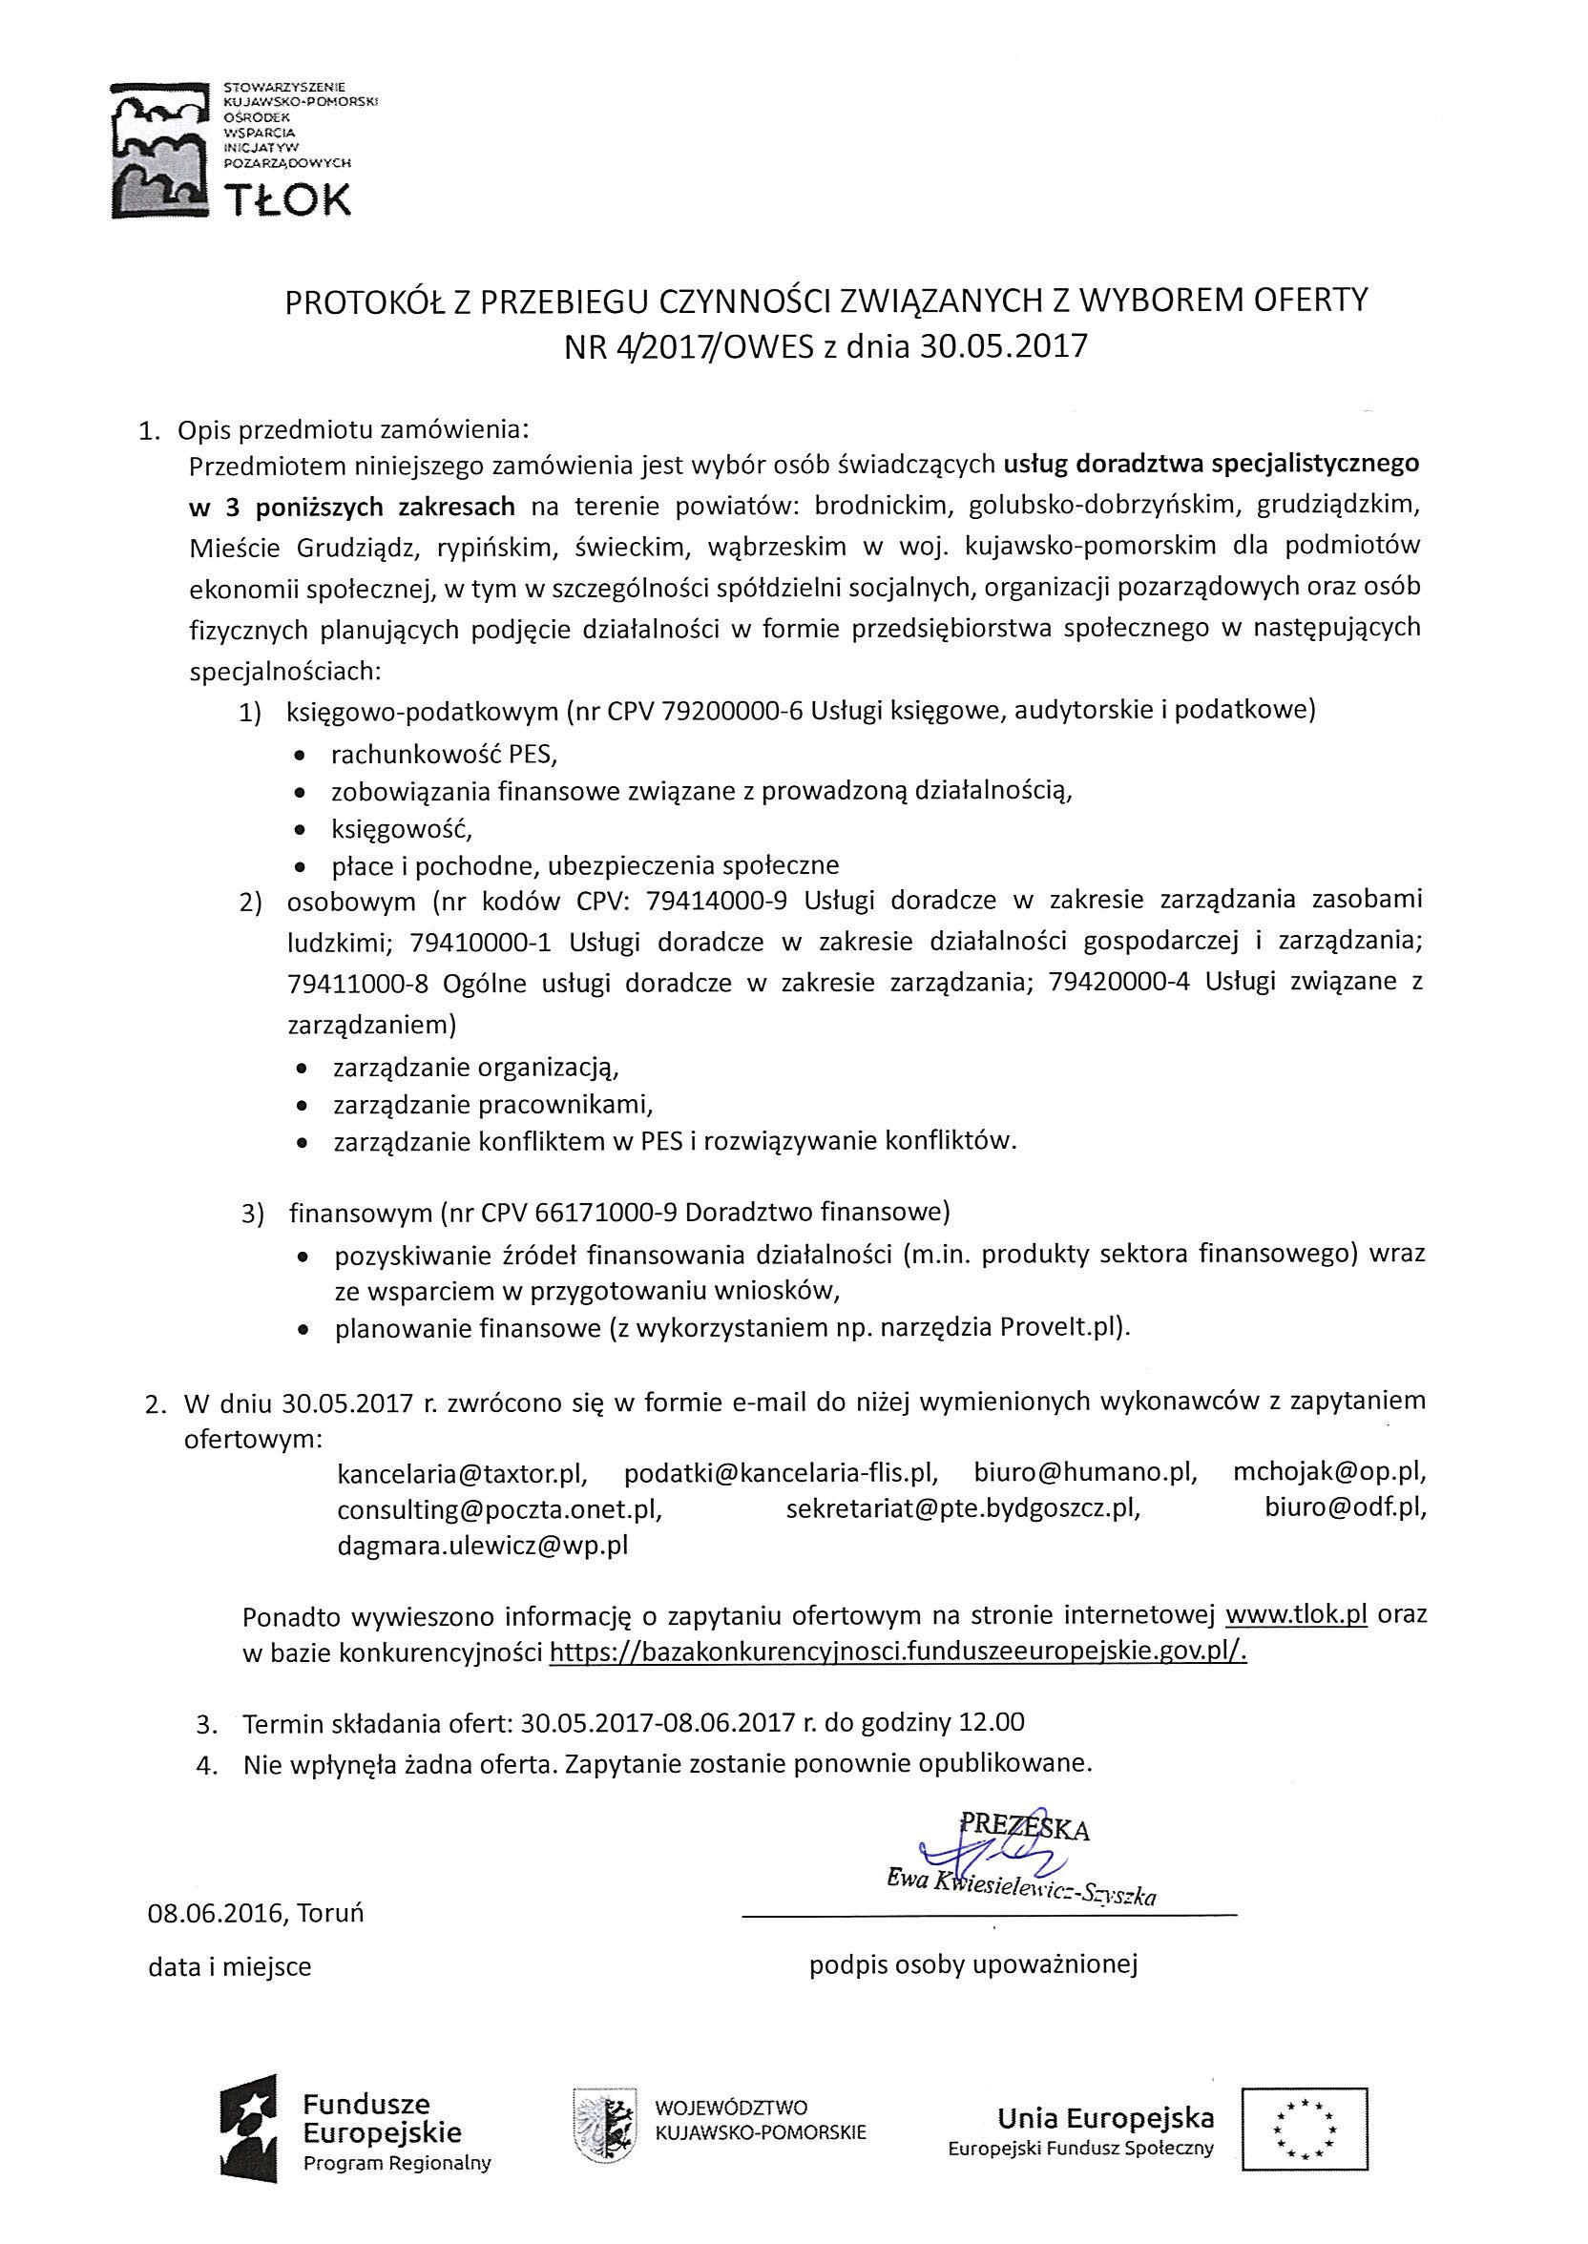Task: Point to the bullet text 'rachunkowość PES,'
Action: [x=443, y=755]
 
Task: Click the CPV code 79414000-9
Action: [x=717, y=899]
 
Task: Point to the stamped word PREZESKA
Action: [x=1025, y=1827]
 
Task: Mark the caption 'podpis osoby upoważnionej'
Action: [x=973, y=1965]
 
